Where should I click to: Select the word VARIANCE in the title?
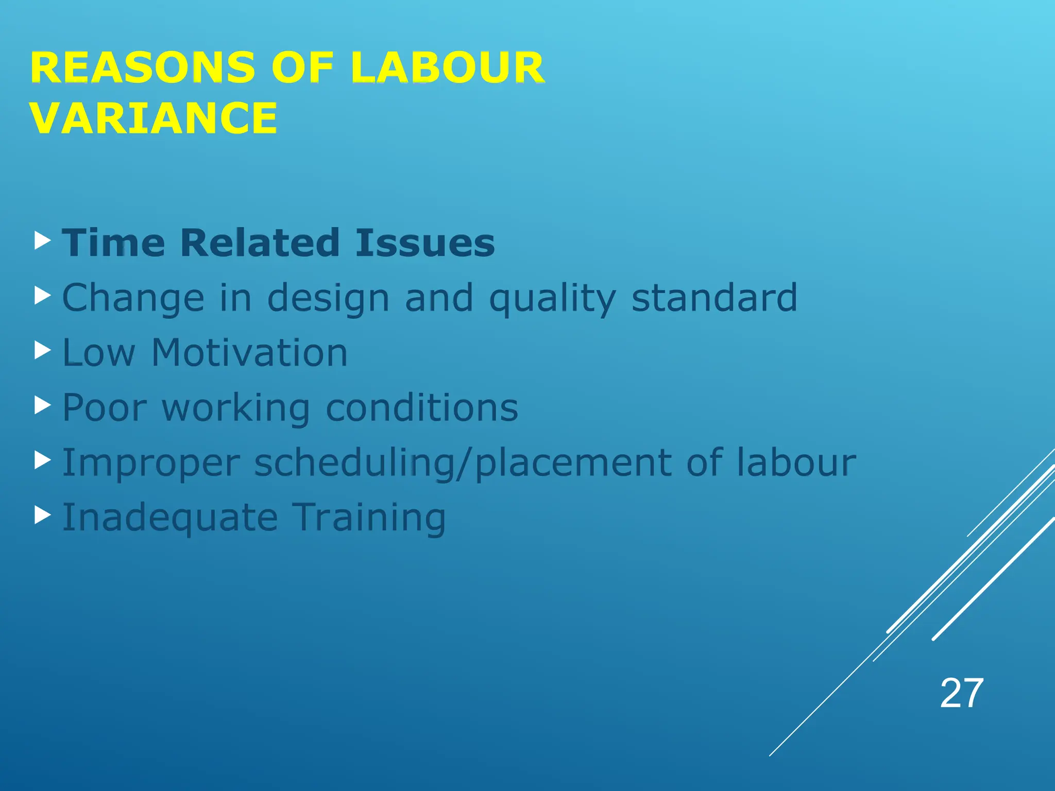point(154,118)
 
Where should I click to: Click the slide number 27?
point(961,694)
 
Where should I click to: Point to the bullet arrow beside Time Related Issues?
point(43,240)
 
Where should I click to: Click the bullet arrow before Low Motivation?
point(43,351)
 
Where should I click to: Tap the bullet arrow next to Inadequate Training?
point(43,515)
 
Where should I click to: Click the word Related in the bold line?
point(260,243)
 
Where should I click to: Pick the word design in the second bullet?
point(328,299)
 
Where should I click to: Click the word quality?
point(552,299)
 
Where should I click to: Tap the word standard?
point(714,298)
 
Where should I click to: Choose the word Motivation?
point(249,353)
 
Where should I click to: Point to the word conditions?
point(422,408)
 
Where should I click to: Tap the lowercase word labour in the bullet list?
point(796,462)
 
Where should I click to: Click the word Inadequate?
point(170,518)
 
